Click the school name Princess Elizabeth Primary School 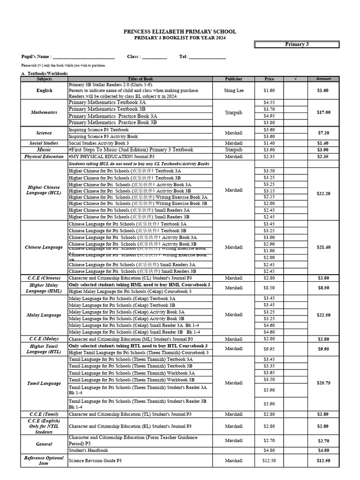[180, 31]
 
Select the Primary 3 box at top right [297, 45]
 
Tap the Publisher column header [233, 79]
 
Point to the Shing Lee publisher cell [233, 90]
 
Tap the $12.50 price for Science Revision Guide [269, 461]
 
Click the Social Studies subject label [44, 143]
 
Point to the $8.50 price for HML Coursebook [269, 288]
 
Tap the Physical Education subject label [44, 157]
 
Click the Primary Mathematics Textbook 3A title [107, 102]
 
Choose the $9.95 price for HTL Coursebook [269, 349]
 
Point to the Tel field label [183, 57]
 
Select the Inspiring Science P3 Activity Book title [103, 136]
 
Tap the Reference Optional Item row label [44, 460]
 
